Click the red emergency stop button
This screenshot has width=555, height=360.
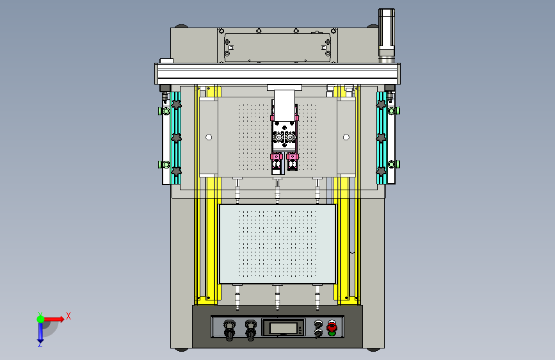(x=332, y=326)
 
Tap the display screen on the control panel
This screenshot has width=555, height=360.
(x=283, y=328)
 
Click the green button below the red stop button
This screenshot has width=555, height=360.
(x=332, y=334)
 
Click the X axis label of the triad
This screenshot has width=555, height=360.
(x=68, y=316)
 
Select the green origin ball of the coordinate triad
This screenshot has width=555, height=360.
(x=41, y=319)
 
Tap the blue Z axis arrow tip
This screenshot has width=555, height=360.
(x=40, y=341)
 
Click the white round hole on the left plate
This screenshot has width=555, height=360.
(x=209, y=137)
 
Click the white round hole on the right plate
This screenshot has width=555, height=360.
(x=346, y=137)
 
